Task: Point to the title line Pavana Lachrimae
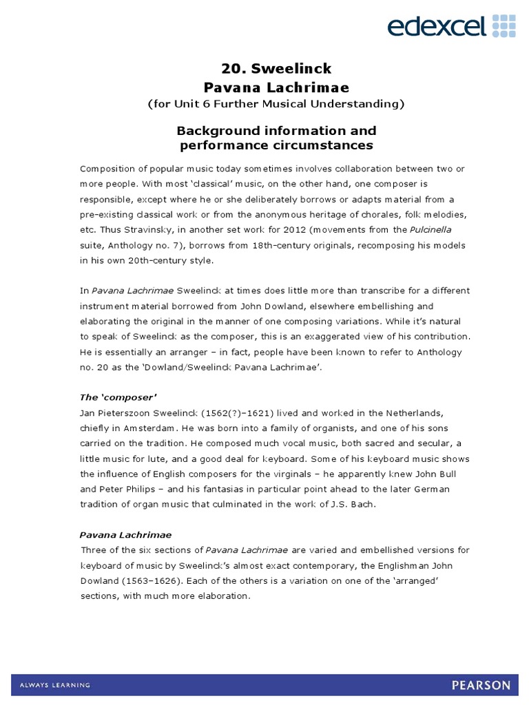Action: coord(276,87)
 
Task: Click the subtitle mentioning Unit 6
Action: coord(276,105)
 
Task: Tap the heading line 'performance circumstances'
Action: coord(276,145)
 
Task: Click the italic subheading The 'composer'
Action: coord(118,397)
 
